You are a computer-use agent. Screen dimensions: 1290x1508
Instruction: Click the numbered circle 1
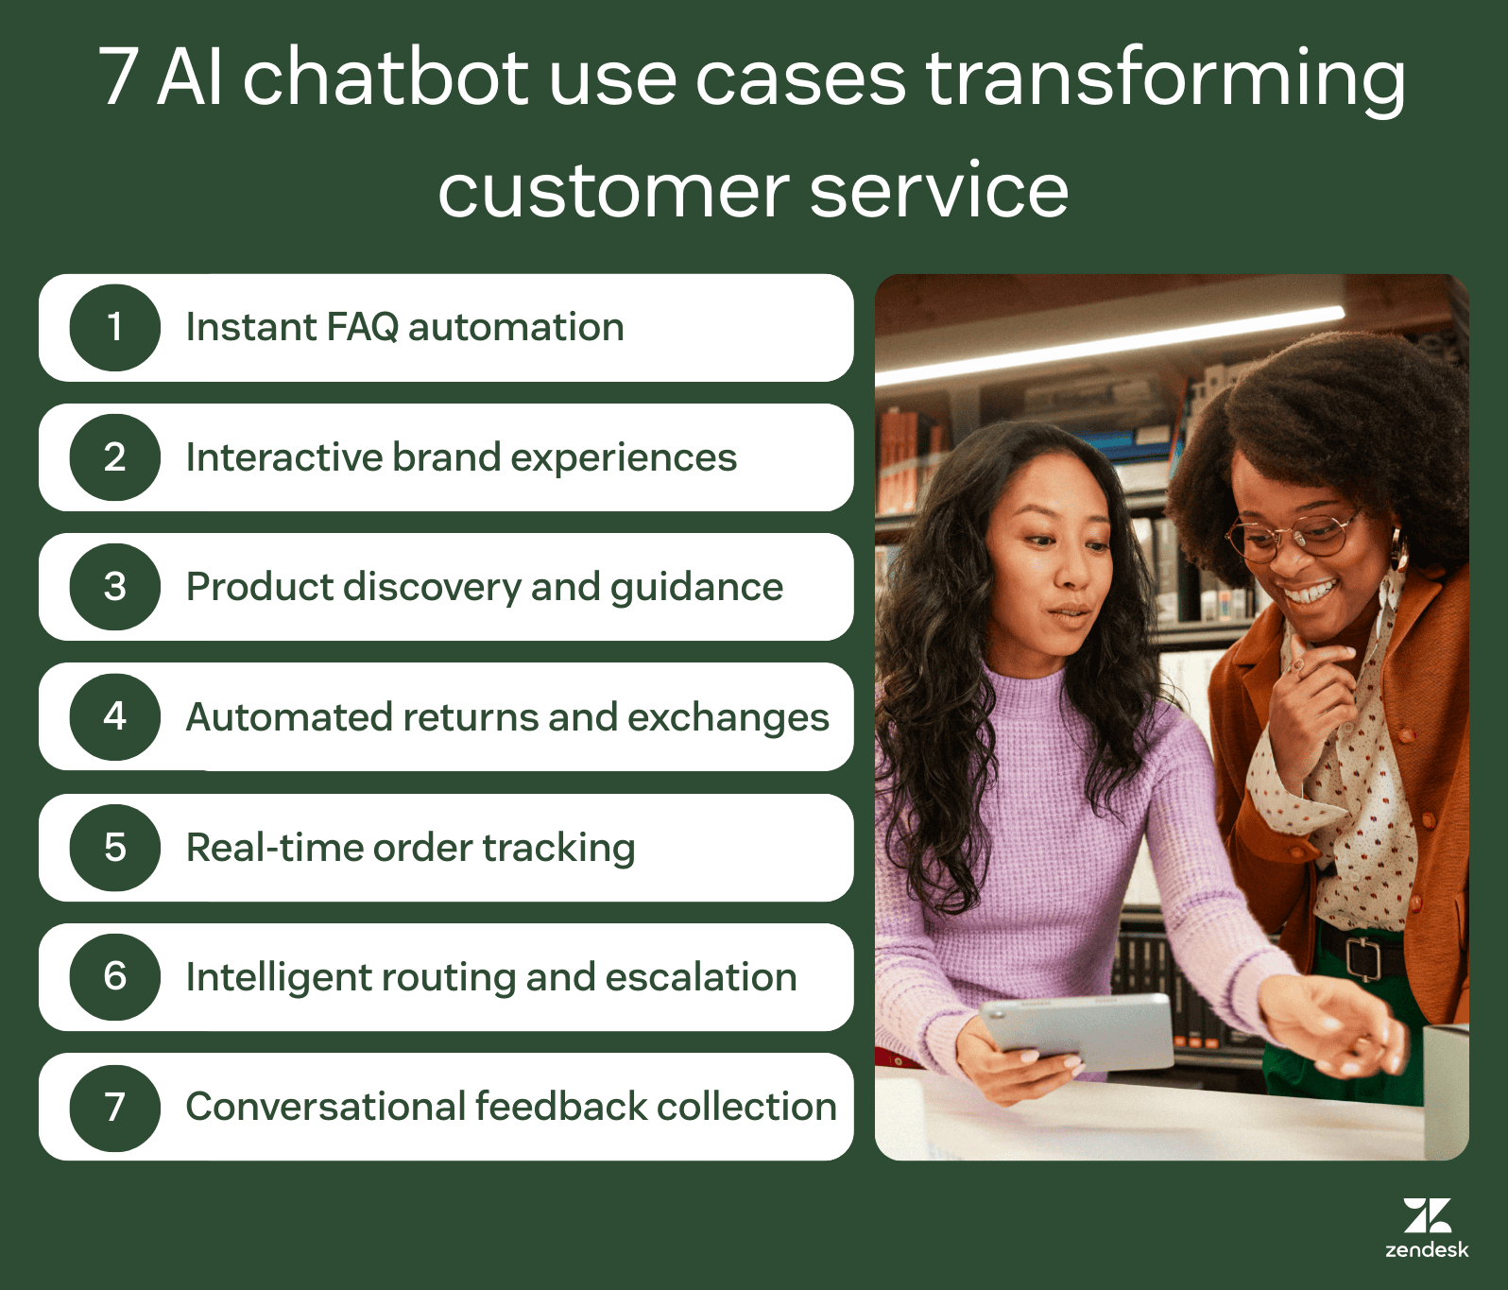tap(114, 328)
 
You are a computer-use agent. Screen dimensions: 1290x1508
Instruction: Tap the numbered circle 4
tap(114, 717)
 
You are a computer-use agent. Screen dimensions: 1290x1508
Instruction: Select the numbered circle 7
tap(114, 1108)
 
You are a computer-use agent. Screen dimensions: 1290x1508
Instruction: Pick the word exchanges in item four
tap(728, 717)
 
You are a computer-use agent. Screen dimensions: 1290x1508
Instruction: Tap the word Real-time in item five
tap(274, 848)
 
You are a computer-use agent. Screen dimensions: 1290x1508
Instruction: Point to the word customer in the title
tap(612, 190)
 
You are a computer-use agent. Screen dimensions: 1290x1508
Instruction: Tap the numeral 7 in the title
tap(119, 77)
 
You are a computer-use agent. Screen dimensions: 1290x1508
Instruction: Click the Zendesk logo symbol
tap(1427, 1215)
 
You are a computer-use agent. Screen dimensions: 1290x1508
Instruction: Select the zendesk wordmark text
tap(1427, 1250)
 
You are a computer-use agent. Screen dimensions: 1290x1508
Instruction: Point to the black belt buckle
tap(1362, 957)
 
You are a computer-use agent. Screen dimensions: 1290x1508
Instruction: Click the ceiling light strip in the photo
tap(1115, 346)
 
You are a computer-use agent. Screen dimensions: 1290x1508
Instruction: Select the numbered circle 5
tap(114, 848)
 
